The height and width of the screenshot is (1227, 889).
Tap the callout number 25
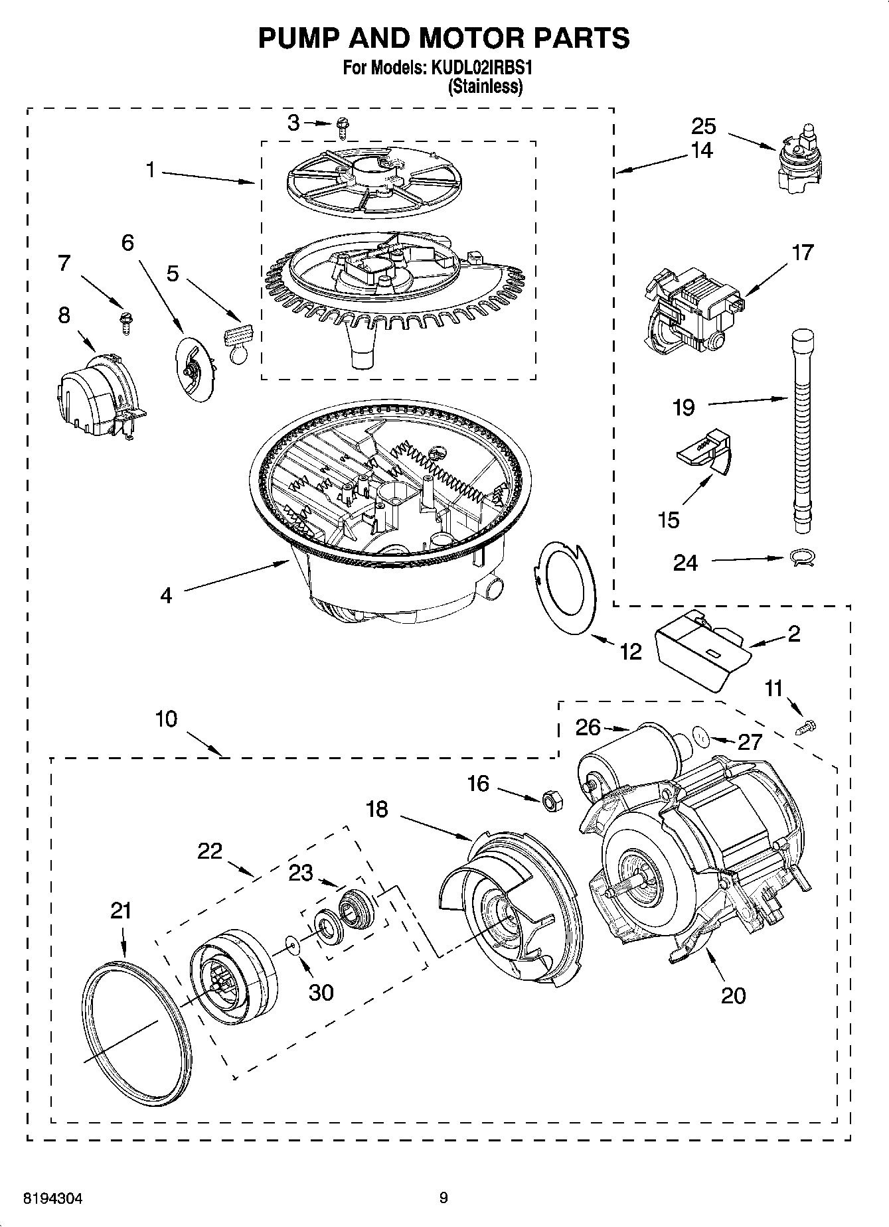(x=704, y=126)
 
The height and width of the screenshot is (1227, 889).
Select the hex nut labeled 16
(x=550, y=801)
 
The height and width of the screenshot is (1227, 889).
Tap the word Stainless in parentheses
(x=485, y=86)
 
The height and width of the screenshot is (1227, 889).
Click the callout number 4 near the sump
(x=166, y=595)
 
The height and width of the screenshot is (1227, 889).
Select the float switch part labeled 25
(x=800, y=159)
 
